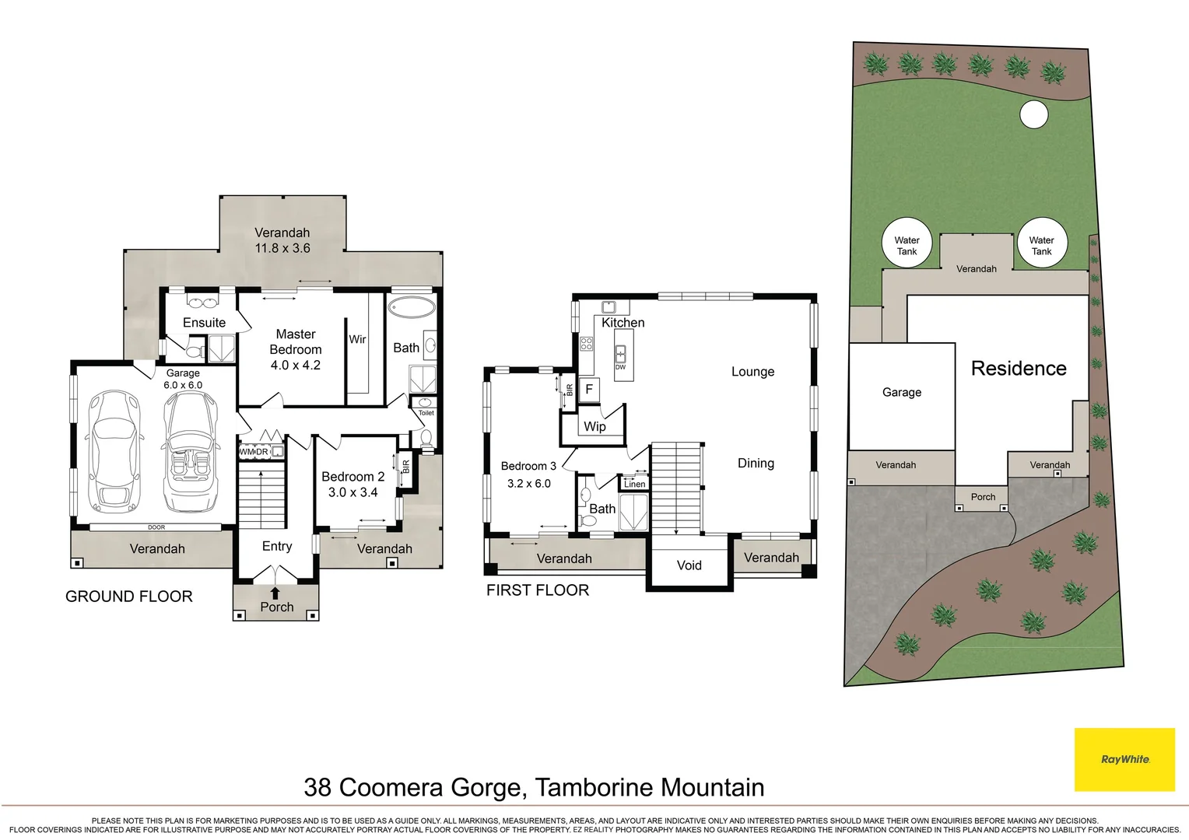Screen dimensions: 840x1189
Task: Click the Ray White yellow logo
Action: (x=1124, y=759)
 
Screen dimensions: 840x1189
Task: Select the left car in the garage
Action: (x=114, y=451)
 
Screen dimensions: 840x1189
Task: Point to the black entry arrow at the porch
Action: (x=275, y=593)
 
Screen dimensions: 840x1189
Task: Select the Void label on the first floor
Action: (x=689, y=565)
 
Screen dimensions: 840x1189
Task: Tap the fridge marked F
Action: (x=589, y=390)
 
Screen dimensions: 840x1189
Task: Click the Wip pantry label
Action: (x=594, y=426)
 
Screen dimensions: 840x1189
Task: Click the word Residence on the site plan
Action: (x=1019, y=369)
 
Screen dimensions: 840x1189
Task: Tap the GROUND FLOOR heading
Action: (x=129, y=597)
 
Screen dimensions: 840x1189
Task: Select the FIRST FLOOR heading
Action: (x=538, y=590)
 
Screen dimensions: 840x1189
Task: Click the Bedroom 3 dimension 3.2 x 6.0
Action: (x=529, y=484)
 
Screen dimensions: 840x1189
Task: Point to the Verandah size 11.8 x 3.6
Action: (x=282, y=248)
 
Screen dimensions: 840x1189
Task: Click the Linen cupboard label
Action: (x=634, y=484)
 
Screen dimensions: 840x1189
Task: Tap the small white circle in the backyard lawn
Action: (x=1034, y=115)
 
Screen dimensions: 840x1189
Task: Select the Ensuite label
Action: (x=204, y=323)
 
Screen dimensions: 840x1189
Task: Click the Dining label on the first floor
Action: (x=756, y=464)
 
